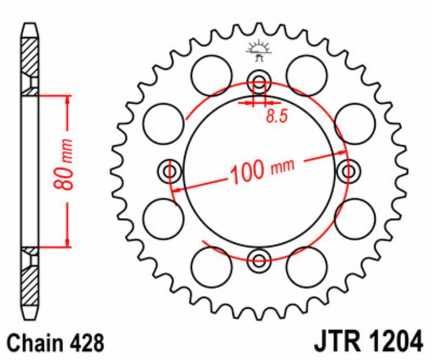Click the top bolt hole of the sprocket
coord(259,84)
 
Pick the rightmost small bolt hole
coord(347,172)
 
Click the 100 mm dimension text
coord(262,169)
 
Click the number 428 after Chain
coord(85,343)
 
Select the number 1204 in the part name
coord(394,343)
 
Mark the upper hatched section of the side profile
coord(30,57)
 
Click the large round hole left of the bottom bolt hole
coord(212,266)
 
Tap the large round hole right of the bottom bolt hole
coord(306,266)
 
